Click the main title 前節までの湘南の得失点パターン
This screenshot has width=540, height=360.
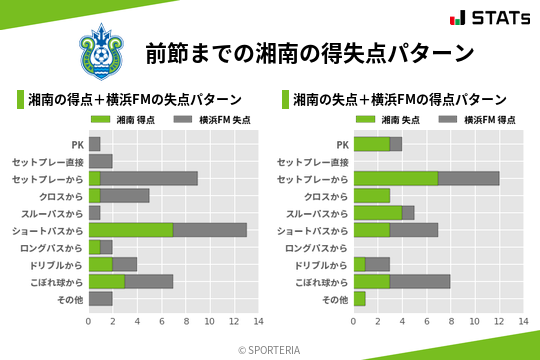(x=309, y=52)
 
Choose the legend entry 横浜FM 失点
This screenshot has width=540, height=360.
(x=214, y=120)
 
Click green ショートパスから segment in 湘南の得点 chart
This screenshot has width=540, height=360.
(x=131, y=230)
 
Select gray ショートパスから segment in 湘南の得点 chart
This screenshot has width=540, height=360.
(x=210, y=230)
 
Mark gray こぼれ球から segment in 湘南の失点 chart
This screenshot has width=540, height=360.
(x=420, y=282)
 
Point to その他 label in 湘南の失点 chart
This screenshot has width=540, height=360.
(x=335, y=299)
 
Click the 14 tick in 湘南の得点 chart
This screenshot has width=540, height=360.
(x=258, y=322)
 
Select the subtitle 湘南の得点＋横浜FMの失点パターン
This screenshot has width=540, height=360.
(x=134, y=100)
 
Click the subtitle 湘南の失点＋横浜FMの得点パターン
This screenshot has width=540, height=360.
(x=399, y=100)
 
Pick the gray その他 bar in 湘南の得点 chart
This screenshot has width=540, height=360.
(x=100, y=299)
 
